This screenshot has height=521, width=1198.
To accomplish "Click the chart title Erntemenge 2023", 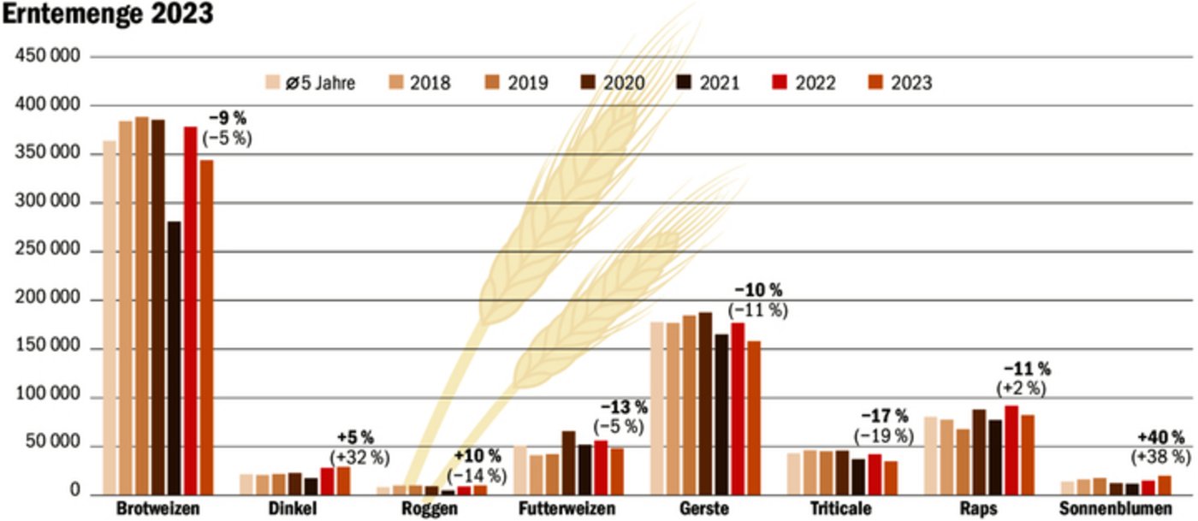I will point(107,15).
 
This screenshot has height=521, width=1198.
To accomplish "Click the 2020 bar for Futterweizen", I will point(569,463).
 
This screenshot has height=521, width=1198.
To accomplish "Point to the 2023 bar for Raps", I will point(1028,454).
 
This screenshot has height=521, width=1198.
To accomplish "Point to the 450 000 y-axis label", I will point(49,56).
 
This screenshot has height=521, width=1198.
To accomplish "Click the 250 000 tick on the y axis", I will point(49,252).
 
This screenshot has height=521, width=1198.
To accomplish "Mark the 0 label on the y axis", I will point(75,494).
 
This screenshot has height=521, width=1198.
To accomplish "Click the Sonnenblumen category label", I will point(1115,509).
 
